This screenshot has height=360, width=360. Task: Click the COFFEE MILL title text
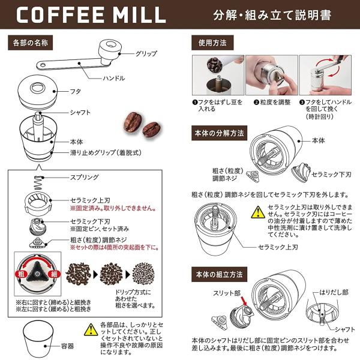coord(91,14)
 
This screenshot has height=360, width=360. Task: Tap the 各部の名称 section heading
coord(31,43)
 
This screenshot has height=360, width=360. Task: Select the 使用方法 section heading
coord(212,43)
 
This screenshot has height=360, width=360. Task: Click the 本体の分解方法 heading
coord(219,133)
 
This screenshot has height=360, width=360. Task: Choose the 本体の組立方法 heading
coord(219,274)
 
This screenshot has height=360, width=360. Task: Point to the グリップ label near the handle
coord(146,53)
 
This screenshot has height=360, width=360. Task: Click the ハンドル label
coord(113,78)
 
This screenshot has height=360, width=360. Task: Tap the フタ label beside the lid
coord(76,91)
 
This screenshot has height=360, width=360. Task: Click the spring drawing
coord(39,183)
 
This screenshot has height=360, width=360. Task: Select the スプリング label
coord(84,177)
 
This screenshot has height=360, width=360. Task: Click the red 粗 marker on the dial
coord(22,274)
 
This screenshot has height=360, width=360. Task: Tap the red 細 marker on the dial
coord(54,274)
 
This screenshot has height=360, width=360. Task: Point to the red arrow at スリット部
coord(244,301)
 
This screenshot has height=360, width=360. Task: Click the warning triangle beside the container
coord(91,329)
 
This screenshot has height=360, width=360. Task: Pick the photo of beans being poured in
coord(218,75)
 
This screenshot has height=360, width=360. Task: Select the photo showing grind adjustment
coord(272,75)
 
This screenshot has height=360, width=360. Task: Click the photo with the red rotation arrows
coord(325,75)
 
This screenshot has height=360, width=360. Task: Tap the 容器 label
coord(67,346)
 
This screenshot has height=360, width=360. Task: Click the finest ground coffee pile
coord(144,274)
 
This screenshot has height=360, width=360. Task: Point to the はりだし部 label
coord(334,292)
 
